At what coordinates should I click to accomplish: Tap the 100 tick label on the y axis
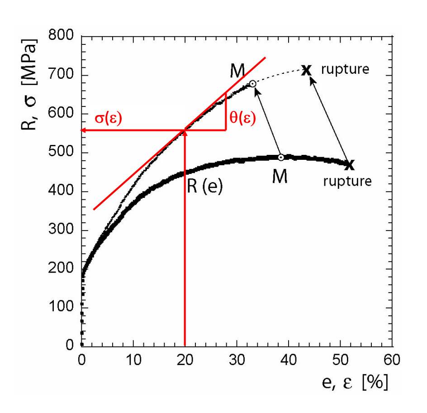point(64,308)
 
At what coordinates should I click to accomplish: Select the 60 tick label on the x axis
point(392,361)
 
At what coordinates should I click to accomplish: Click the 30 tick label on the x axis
point(237,361)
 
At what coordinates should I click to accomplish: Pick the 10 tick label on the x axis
point(133,361)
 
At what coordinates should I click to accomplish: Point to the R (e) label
point(205,186)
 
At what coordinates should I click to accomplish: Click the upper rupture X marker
point(306,70)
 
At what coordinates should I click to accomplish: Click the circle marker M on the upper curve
point(253,84)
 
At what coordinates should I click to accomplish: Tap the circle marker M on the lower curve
point(281,157)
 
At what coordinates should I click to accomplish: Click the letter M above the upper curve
point(237,70)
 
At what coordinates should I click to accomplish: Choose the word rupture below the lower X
point(347,181)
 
